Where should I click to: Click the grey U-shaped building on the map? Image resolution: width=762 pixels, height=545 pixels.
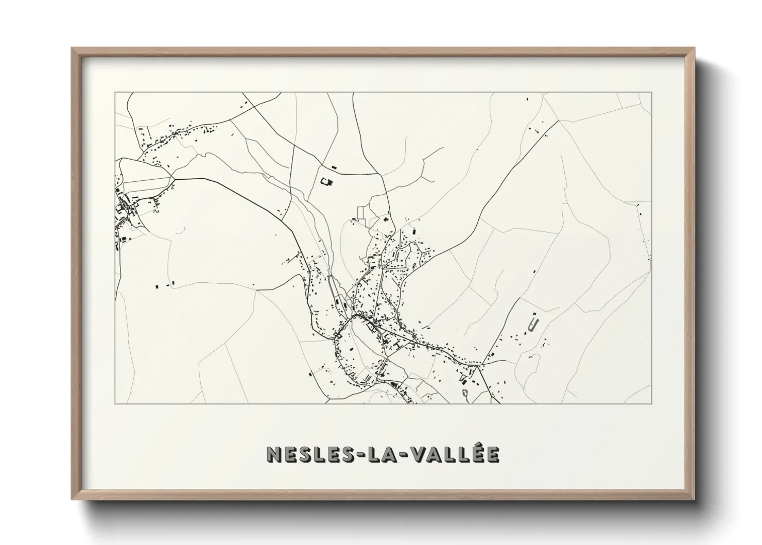(533, 325)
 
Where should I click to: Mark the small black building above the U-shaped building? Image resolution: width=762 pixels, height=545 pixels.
(534, 314)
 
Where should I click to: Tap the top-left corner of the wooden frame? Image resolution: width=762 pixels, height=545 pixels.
(73, 48)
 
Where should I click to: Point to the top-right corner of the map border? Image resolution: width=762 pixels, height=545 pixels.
(652, 92)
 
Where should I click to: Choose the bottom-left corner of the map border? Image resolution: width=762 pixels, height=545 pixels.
(115, 403)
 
